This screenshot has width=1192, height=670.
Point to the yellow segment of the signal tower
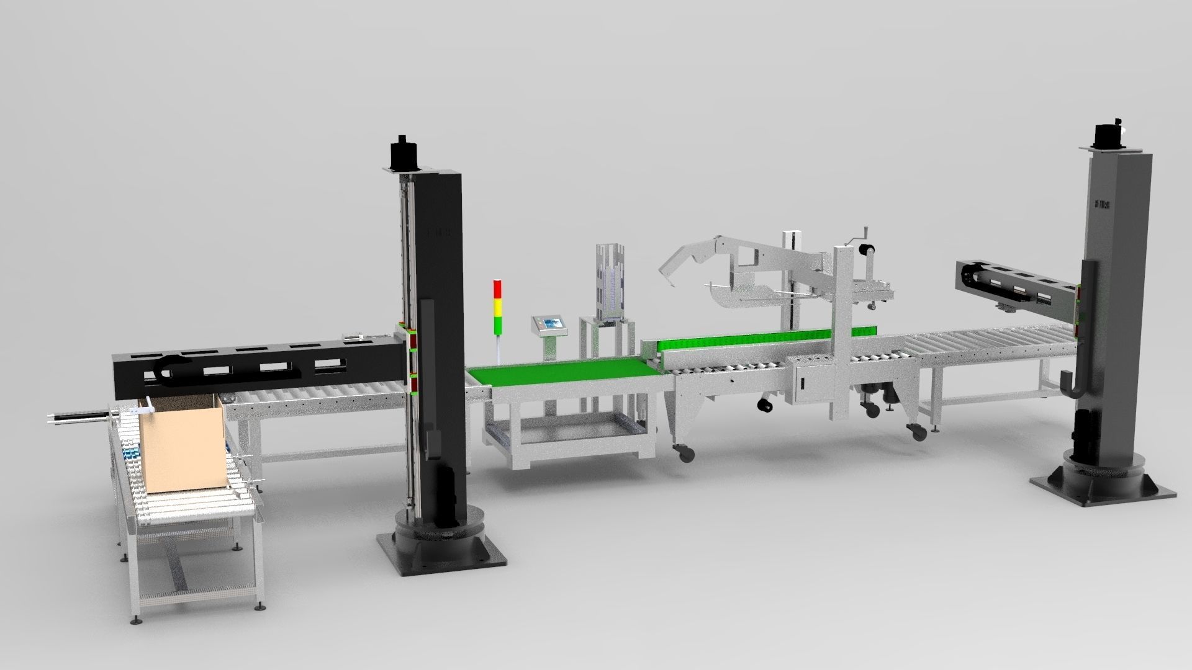pyautogui.click(x=497, y=306)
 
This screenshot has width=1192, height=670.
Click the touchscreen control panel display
pyautogui.click(x=549, y=323)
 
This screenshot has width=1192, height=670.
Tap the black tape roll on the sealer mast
pyautogui.click(x=866, y=251)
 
